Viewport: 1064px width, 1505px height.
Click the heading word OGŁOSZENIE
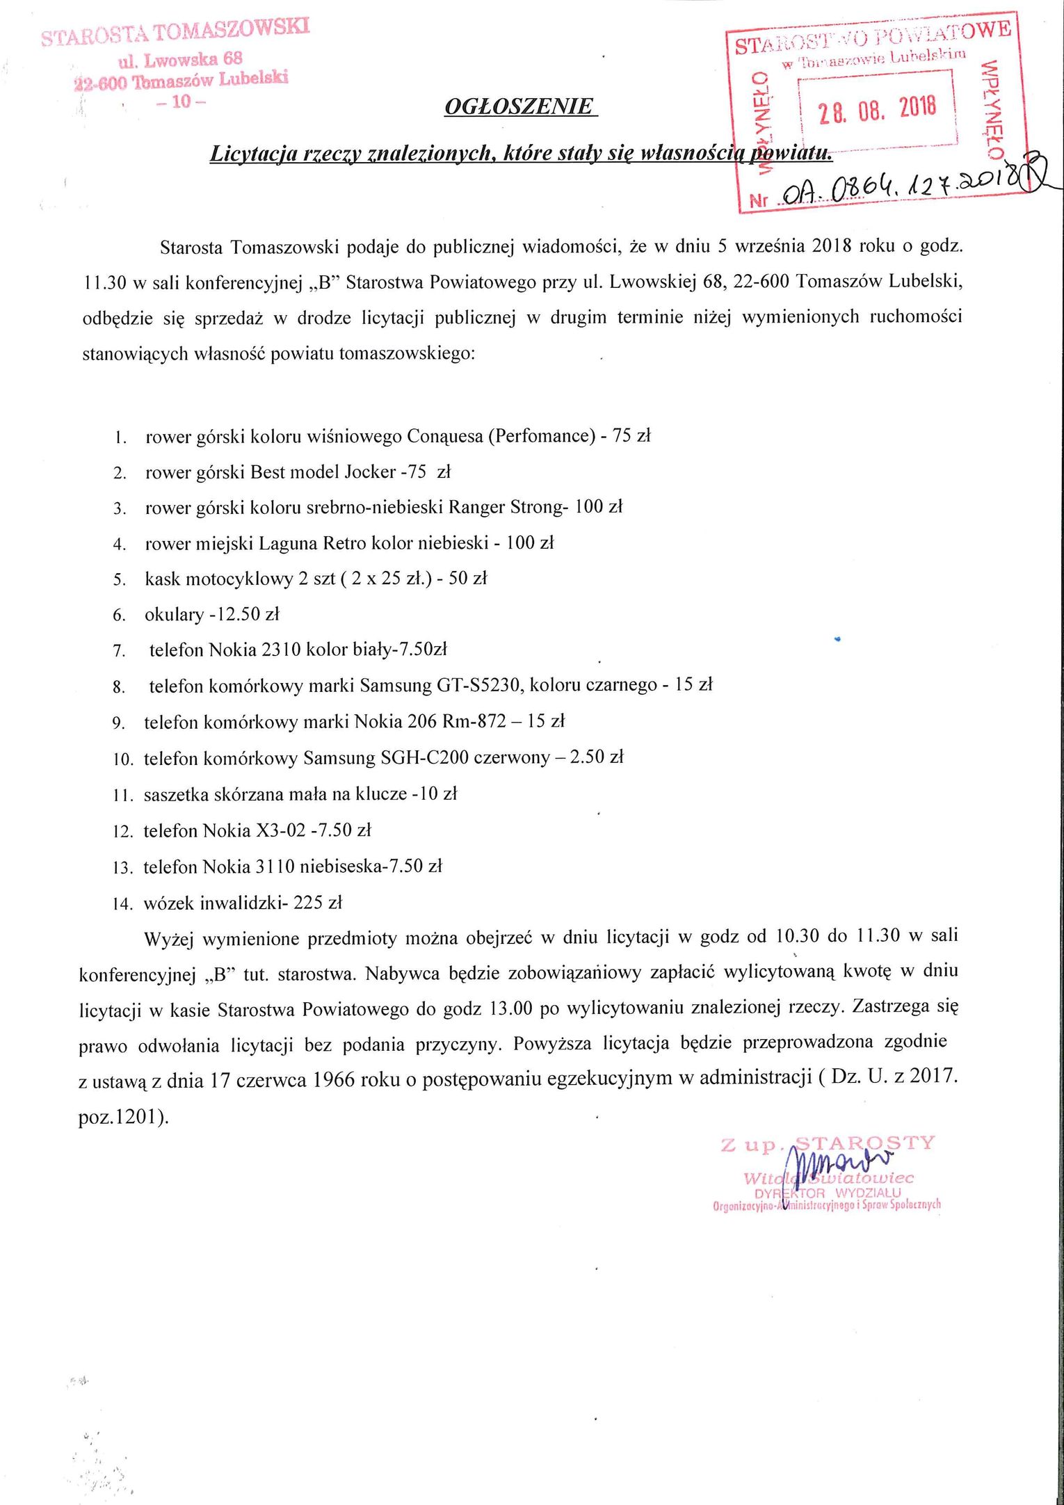click(519, 106)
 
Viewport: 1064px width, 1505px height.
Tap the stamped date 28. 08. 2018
click(877, 109)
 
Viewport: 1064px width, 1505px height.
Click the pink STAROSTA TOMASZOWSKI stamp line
click(175, 31)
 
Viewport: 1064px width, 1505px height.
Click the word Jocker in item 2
click(370, 472)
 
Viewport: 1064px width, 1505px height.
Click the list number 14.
click(122, 904)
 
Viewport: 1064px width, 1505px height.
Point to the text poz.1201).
click(124, 1117)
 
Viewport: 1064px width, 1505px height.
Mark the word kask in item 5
click(162, 579)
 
